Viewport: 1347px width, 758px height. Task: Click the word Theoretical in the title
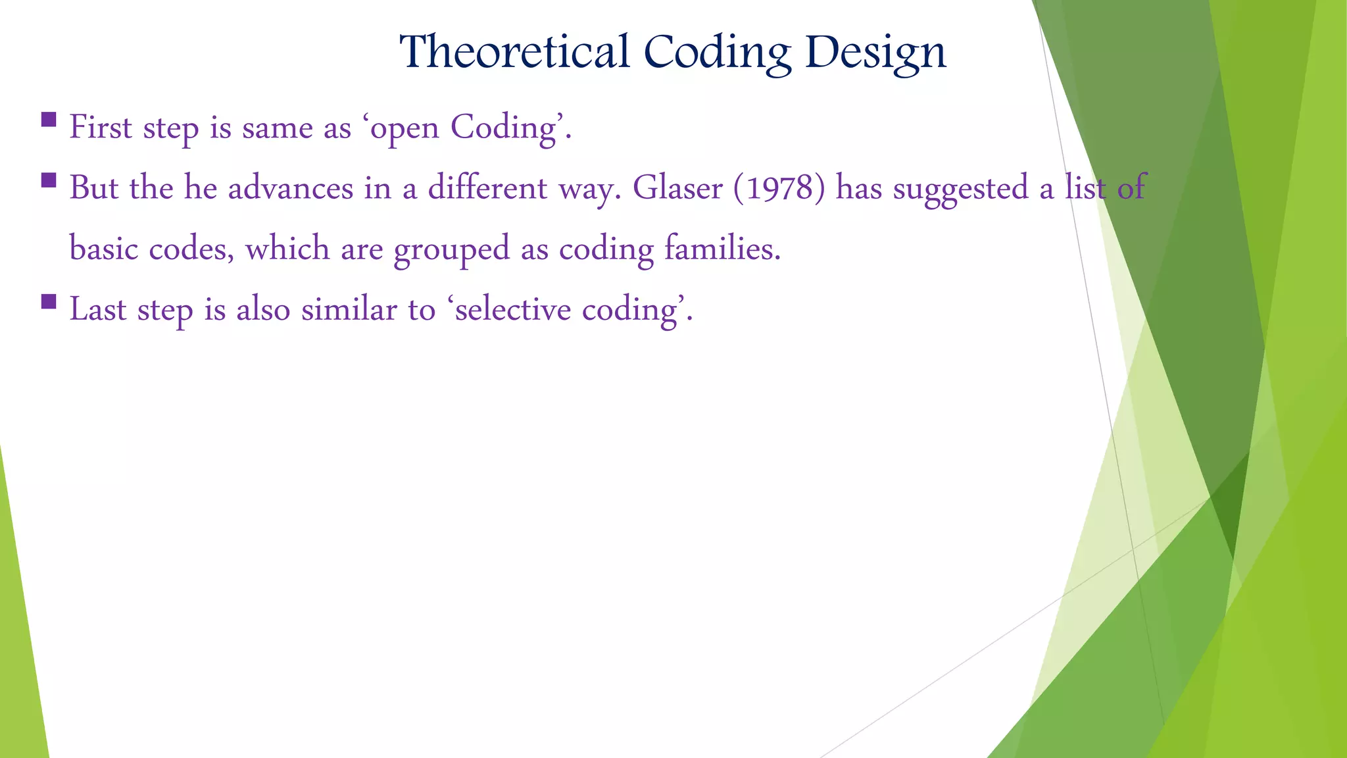coord(514,52)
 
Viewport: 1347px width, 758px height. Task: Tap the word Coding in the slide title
coord(717,52)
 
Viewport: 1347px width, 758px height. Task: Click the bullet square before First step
coord(48,119)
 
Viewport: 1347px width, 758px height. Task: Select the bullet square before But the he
coord(48,180)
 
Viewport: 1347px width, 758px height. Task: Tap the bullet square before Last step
coord(48,301)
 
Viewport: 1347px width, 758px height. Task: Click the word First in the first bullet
coord(101,127)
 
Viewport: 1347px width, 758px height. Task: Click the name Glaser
coord(677,188)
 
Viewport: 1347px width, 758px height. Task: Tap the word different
coord(487,188)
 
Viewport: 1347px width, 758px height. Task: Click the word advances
coord(291,188)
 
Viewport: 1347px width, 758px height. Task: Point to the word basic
coord(103,249)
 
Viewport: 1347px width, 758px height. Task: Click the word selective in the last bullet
coord(512,310)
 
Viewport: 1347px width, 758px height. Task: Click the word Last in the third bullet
coord(98,310)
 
